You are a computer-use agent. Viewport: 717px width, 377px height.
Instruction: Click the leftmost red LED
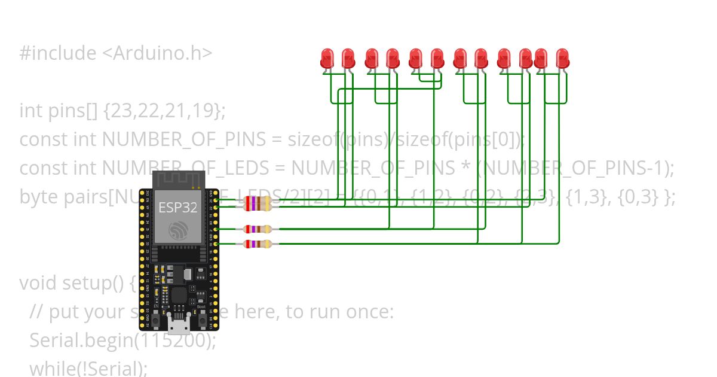327,59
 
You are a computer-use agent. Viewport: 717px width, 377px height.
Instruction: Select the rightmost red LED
562,59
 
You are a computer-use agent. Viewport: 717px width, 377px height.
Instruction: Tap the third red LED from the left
371,59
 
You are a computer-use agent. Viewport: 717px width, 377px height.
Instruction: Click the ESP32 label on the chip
177,208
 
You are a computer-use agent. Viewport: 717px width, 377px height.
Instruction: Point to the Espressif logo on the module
179,230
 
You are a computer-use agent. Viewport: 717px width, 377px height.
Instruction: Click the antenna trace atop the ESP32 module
179,180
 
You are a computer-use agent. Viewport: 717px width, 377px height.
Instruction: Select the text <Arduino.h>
157,53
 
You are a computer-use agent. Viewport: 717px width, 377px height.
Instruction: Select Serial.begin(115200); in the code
122,340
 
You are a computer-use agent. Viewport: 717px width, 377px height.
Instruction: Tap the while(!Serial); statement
88,368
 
